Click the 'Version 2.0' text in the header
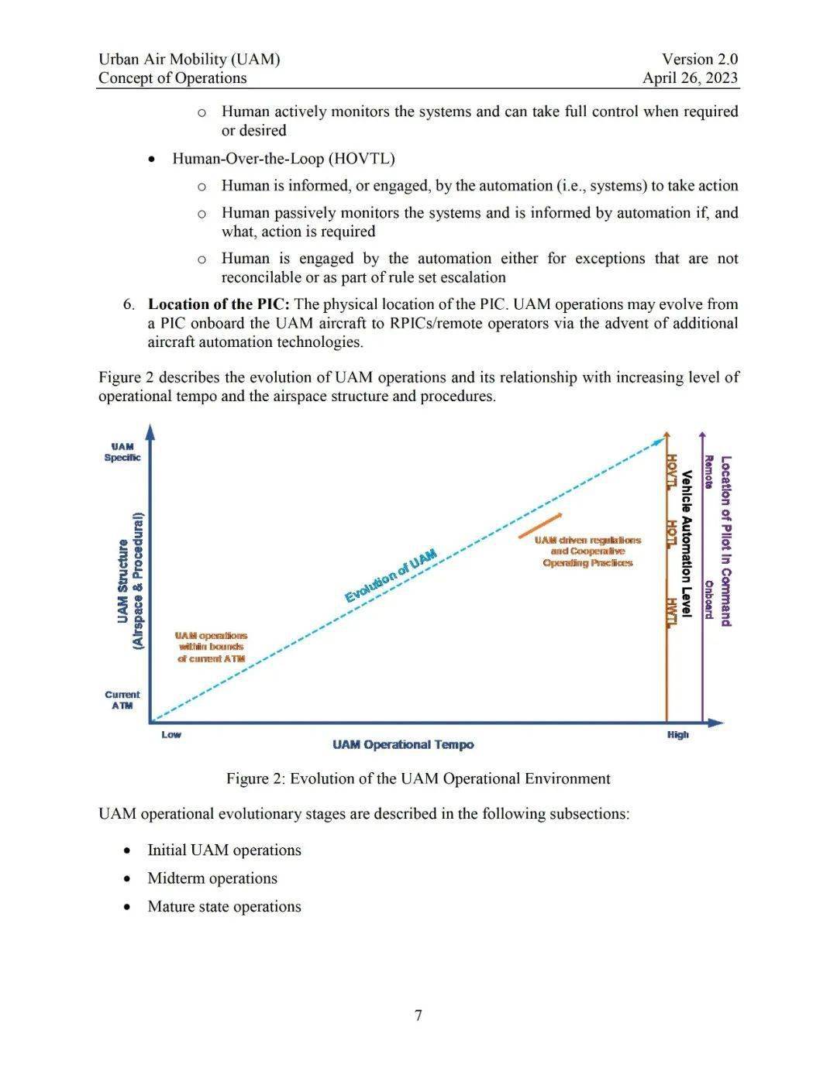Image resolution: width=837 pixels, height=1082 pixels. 699,60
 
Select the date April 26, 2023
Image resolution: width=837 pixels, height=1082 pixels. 690,78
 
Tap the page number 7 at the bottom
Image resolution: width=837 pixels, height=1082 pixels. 418,1015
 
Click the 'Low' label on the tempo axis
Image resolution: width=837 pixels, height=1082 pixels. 171,734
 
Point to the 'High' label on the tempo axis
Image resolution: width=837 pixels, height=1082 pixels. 677,734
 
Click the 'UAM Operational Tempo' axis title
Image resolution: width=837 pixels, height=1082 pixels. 403,744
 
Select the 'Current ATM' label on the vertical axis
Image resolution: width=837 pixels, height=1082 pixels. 122,700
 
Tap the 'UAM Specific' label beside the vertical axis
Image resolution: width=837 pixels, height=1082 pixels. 122,452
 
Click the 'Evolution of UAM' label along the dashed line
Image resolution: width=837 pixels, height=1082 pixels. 391,575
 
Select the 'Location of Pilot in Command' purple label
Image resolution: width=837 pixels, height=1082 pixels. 726,541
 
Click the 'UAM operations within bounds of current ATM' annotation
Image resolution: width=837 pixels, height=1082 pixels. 211,647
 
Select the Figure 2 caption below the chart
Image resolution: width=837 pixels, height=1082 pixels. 418,778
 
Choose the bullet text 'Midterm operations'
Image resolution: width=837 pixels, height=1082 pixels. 212,878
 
